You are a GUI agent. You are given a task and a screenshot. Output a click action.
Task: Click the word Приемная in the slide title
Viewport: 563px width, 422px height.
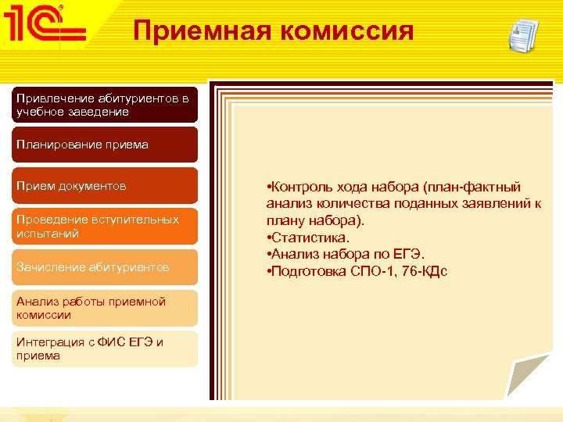click(191, 30)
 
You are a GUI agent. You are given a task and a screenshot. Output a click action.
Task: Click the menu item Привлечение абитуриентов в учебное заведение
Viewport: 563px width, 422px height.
click(104, 105)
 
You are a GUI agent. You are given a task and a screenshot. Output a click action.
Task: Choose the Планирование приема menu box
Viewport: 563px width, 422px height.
click(104, 145)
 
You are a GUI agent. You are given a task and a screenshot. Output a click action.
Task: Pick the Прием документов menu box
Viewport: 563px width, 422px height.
click(104, 186)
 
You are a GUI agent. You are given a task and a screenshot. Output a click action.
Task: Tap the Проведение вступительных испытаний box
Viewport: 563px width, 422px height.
click(104, 227)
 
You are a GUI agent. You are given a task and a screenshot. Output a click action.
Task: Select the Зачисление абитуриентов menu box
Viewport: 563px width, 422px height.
click(104, 267)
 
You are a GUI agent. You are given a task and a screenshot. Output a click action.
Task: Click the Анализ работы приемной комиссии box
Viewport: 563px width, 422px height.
click(104, 308)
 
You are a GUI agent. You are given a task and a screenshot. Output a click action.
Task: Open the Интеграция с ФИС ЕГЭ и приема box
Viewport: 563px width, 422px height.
click(104, 349)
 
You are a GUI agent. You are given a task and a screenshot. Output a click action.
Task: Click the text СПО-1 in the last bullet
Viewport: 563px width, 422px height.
click(368, 271)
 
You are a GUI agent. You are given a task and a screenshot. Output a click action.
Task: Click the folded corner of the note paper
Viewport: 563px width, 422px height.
click(532, 379)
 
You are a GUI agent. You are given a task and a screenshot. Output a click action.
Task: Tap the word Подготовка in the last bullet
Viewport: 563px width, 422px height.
click(306, 271)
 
